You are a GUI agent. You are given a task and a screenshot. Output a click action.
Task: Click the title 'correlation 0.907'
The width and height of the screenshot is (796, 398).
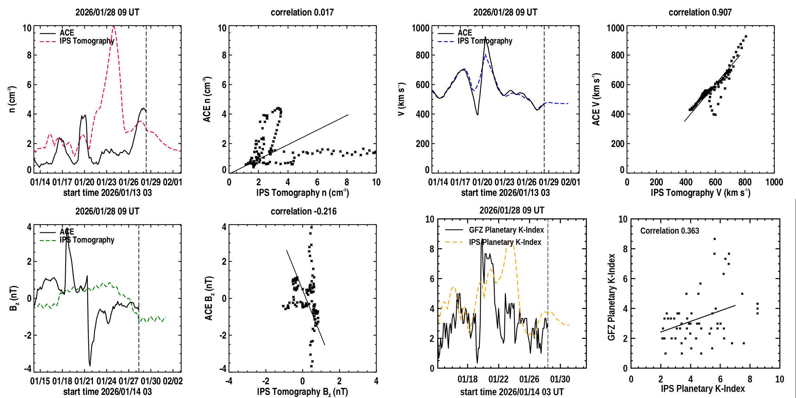click(x=700, y=12)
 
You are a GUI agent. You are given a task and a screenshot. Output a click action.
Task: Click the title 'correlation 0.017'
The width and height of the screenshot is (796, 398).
click(x=302, y=12)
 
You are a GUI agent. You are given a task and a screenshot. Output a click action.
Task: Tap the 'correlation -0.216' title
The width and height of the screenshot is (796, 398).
click(x=304, y=211)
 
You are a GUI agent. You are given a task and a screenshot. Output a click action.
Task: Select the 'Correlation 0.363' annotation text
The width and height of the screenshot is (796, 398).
click(x=670, y=231)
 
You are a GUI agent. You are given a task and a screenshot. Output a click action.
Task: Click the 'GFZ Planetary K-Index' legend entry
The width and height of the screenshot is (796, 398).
click(x=506, y=230)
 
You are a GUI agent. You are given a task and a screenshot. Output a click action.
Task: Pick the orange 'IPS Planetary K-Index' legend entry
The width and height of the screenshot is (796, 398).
click(x=505, y=242)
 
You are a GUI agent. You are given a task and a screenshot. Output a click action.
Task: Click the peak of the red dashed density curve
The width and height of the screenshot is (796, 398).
click(x=113, y=27)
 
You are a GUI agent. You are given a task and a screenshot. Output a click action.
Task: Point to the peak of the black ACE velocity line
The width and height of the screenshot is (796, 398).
click(x=485, y=37)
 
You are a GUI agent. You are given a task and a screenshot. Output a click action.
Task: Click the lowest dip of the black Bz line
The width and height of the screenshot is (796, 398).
click(x=90, y=365)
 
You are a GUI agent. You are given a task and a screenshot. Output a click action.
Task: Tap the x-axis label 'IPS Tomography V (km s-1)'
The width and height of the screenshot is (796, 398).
click(x=700, y=193)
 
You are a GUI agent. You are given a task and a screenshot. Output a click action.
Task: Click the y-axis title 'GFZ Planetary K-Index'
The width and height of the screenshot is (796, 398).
click(x=612, y=297)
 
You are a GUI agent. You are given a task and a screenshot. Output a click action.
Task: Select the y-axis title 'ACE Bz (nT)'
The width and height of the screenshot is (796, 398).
click(x=209, y=298)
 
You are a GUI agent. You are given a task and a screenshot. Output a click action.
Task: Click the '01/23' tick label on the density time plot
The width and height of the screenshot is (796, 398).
click(x=106, y=182)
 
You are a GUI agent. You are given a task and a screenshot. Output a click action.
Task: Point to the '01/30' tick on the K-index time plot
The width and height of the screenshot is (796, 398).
click(x=560, y=379)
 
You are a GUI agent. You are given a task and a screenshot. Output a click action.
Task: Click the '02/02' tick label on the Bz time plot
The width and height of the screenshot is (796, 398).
click(x=173, y=381)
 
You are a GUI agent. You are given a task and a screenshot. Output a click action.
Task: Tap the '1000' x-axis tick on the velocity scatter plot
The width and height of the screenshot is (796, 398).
click(x=774, y=182)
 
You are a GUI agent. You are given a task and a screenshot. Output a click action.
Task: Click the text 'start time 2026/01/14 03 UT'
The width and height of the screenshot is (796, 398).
click(x=512, y=392)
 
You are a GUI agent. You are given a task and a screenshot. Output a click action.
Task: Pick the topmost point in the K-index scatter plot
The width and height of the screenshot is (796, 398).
click(x=715, y=239)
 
